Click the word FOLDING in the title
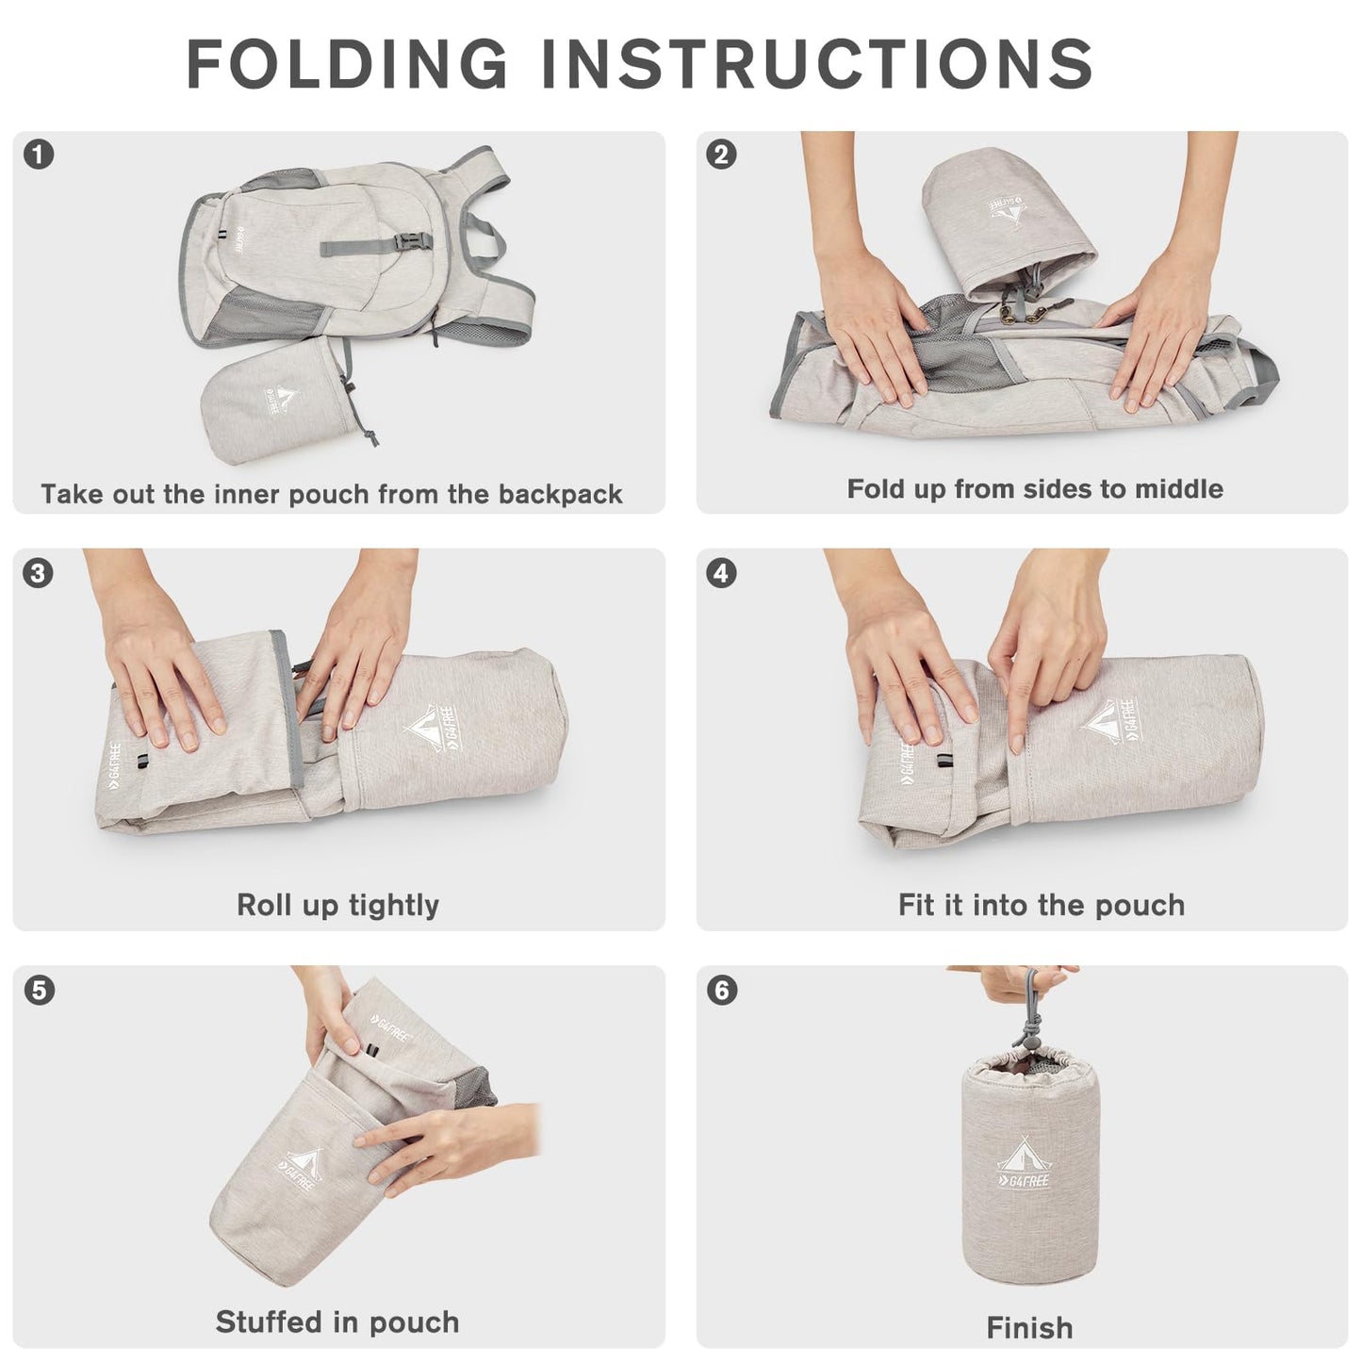click(347, 63)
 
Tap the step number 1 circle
click(39, 154)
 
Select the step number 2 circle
click(722, 154)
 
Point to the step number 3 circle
click(39, 572)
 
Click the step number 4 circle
click(722, 572)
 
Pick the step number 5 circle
click(39, 990)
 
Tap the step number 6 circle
click(722, 990)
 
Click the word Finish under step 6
click(1029, 1327)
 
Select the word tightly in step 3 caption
click(394, 907)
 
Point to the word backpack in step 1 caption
click(560, 494)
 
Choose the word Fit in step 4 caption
click(915, 905)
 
